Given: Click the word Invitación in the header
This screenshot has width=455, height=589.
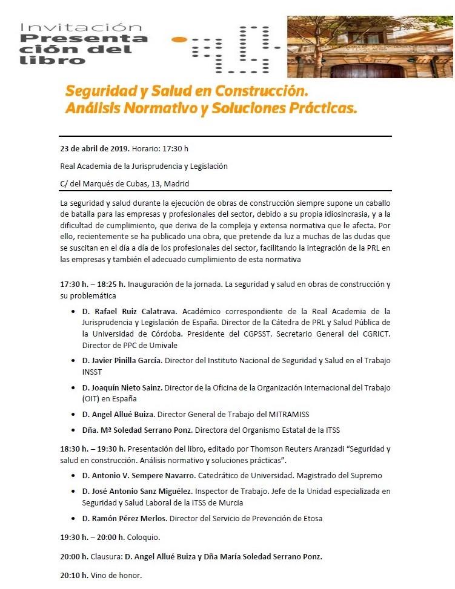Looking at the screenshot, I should coord(81,27).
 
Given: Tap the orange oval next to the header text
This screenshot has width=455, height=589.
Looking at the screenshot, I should coord(180,40).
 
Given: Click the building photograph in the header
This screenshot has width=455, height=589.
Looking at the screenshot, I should coord(370,47).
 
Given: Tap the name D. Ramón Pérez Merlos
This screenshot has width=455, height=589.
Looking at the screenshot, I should coord(125,518).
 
